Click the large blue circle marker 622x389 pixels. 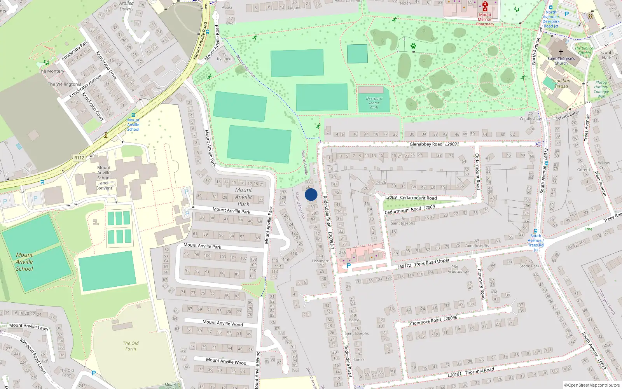pos(311,194)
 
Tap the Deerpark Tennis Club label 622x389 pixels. pos(374,103)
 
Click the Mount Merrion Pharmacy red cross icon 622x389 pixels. pos(485,6)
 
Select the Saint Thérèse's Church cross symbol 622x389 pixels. pos(561,52)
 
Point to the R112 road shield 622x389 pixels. pos(79,158)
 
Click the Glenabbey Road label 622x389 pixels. pos(426,144)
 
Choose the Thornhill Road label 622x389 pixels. pos(479,371)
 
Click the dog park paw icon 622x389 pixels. pos(413,46)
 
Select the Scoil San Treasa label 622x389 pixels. pos(561,84)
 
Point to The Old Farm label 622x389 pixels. pos(131,346)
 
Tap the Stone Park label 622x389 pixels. pos(529,266)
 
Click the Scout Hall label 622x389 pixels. pos(606,55)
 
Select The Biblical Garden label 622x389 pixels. pos(584,51)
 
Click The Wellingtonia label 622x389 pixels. pos(65,84)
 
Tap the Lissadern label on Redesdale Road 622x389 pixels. pos(321,261)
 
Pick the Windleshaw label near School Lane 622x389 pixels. pos(530,119)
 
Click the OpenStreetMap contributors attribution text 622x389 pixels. pos(592,385)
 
